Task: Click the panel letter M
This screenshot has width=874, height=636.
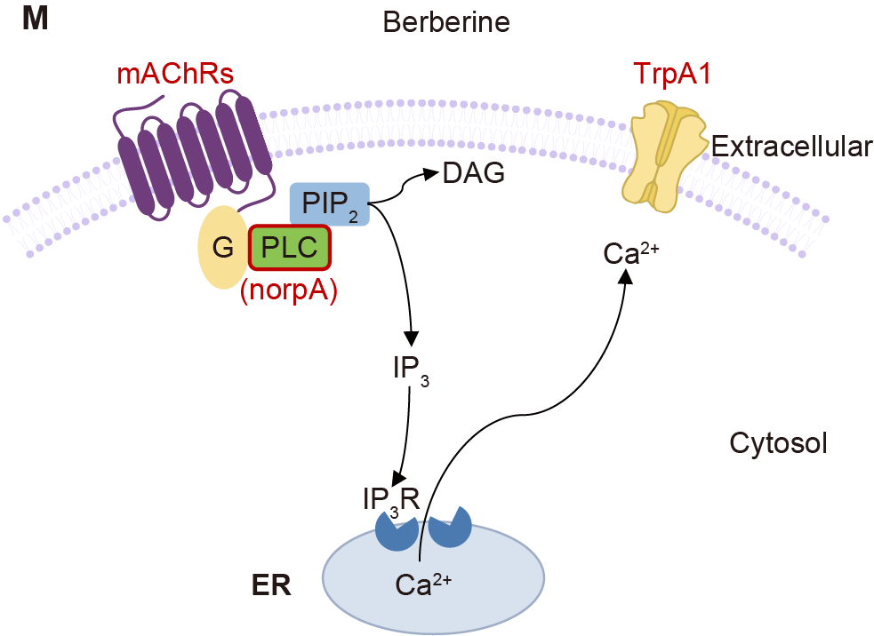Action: point(35,20)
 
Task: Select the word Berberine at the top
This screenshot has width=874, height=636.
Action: point(446,21)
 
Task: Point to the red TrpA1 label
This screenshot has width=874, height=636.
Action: point(672,73)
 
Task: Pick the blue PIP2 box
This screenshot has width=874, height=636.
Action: point(330,203)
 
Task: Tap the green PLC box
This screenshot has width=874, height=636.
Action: point(290,247)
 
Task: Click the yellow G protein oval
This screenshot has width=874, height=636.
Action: point(219,248)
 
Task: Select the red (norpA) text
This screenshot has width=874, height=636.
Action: point(289,291)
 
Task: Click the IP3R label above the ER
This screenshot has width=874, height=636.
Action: point(391,501)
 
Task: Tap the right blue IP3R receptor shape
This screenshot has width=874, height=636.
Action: point(450,528)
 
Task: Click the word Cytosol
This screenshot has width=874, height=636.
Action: point(778,442)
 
